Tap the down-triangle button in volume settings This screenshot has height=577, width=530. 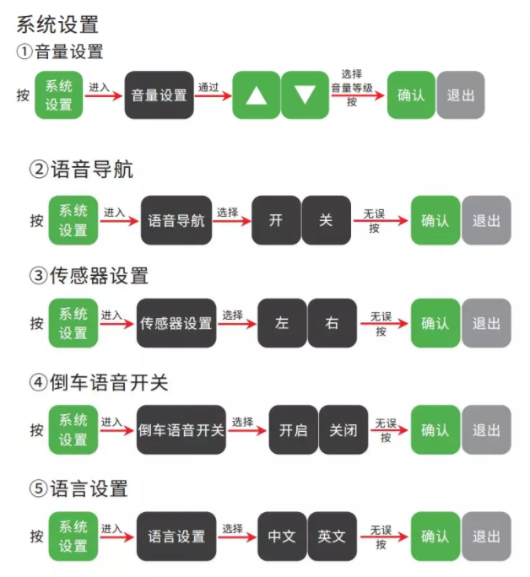(306, 94)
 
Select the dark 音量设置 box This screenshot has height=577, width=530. (159, 94)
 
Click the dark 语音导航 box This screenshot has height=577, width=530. (176, 220)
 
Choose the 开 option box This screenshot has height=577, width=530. (276, 220)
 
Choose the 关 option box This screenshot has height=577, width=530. (326, 220)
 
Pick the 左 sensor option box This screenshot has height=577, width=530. (282, 322)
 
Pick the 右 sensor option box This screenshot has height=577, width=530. (332, 322)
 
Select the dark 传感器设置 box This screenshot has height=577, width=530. (176, 322)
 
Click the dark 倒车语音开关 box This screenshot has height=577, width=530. (181, 429)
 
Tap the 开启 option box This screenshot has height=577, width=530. (293, 429)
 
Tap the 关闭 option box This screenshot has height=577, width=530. (343, 429)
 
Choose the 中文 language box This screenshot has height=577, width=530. (282, 536)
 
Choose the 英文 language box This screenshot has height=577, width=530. (332, 536)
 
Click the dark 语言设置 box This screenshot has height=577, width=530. (176, 536)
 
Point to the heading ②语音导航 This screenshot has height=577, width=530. (81, 170)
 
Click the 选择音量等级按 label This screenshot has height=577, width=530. (352, 88)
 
